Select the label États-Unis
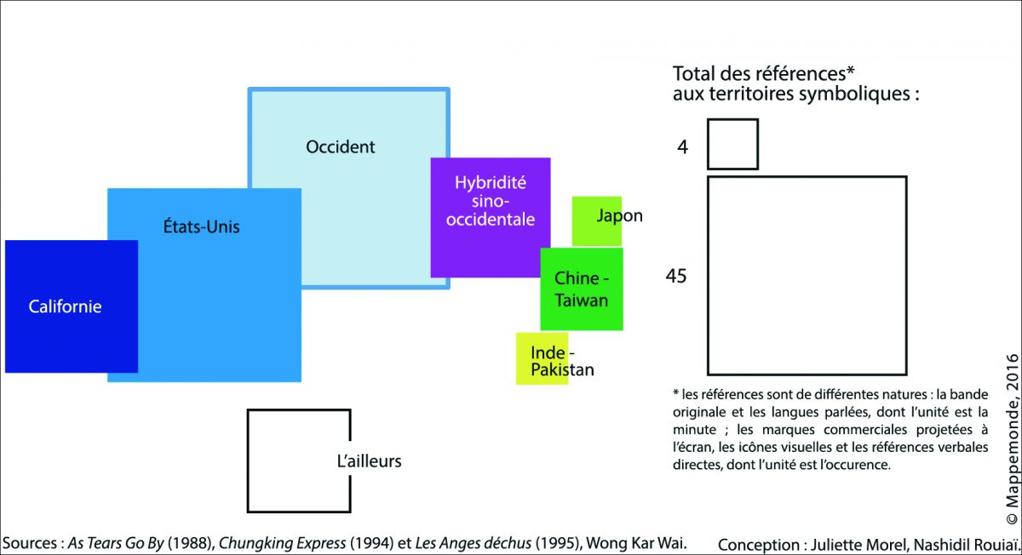click(201, 226)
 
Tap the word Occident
click(340, 146)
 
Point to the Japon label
click(619, 215)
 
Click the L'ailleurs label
click(369, 461)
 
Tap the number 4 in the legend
click(683, 146)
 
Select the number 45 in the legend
click(677, 276)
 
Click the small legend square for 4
click(732, 144)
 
